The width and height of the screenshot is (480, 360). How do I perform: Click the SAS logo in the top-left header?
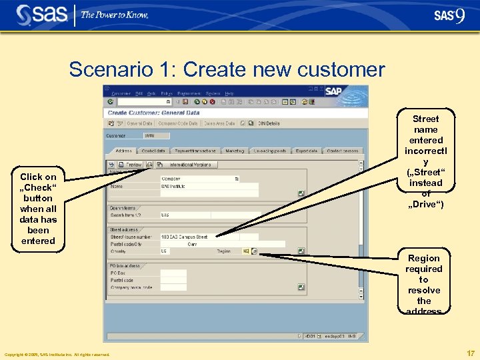tap(41, 14)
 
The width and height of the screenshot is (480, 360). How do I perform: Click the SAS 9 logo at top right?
tap(449, 15)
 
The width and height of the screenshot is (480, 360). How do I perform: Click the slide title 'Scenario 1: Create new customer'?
tap(227, 69)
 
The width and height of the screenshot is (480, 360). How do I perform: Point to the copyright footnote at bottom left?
tap(57, 355)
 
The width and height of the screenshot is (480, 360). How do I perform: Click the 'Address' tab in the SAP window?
tap(124, 151)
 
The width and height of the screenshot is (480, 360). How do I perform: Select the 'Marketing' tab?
tap(234, 151)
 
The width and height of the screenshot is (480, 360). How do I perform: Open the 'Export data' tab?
tap(306, 151)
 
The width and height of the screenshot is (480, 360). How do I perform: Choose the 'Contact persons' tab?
tap(343, 151)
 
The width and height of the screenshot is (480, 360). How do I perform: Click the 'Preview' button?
tap(130, 164)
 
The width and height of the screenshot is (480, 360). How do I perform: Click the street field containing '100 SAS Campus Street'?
tap(199, 237)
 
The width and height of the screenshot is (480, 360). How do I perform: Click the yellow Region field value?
tap(245, 251)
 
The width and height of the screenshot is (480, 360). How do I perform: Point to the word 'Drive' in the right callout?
tap(425, 204)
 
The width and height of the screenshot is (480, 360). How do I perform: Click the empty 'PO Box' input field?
tap(173, 273)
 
